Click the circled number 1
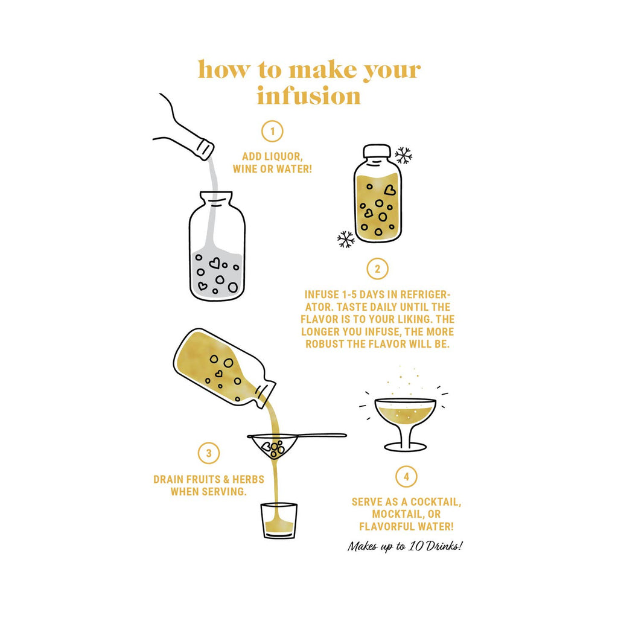pyautogui.click(x=272, y=131)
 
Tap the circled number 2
pyautogui.click(x=377, y=269)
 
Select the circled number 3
pyautogui.click(x=208, y=453)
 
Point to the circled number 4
pyautogui.click(x=406, y=477)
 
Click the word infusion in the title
pyautogui.click(x=308, y=96)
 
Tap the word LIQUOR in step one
pyautogui.click(x=282, y=156)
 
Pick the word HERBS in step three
pyautogui.click(x=248, y=480)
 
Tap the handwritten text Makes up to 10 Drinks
pyautogui.click(x=405, y=546)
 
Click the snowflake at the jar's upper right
pyautogui.click(x=403, y=155)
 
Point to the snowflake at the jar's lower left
pyautogui.click(x=346, y=239)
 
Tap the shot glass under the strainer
pyautogui.click(x=279, y=520)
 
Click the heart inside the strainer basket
pyautogui.click(x=267, y=447)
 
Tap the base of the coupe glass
pyautogui.click(x=405, y=447)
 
